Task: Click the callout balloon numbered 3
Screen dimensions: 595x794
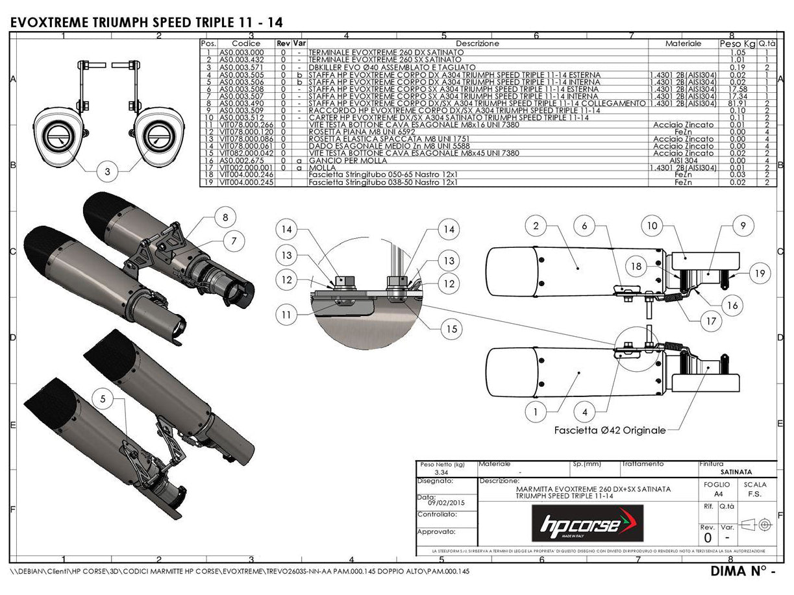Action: [106, 172]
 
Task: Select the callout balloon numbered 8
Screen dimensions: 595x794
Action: [225, 217]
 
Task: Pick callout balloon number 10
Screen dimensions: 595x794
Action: [652, 226]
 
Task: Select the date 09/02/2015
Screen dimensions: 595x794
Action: [447, 502]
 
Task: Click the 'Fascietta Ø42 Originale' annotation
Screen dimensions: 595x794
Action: [610, 430]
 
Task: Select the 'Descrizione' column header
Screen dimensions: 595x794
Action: [477, 43]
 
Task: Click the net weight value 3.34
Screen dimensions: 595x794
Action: [433, 473]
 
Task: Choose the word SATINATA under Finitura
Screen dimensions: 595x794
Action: [736, 472]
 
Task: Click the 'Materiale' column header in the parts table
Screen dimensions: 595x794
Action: [683, 43]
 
